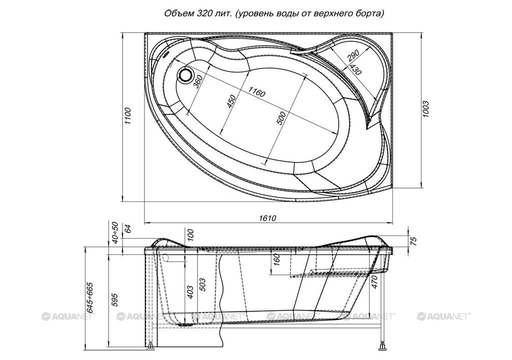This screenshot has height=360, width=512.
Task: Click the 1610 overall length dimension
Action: click(268, 218)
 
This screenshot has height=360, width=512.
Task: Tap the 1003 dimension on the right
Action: click(425, 109)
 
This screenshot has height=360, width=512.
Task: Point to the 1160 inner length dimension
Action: click(257, 92)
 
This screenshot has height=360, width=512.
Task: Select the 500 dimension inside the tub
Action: click(281, 118)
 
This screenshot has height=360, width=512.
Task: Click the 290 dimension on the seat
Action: click(353, 56)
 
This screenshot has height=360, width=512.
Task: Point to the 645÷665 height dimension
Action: click(89, 298)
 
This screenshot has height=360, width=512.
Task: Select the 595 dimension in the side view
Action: click(114, 299)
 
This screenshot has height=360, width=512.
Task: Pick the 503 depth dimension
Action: click(202, 285)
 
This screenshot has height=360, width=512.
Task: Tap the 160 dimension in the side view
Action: click(276, 260)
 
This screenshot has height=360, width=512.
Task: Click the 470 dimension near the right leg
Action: click(374, 282)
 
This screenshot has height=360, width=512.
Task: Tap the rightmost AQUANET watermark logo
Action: click(443, 316)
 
